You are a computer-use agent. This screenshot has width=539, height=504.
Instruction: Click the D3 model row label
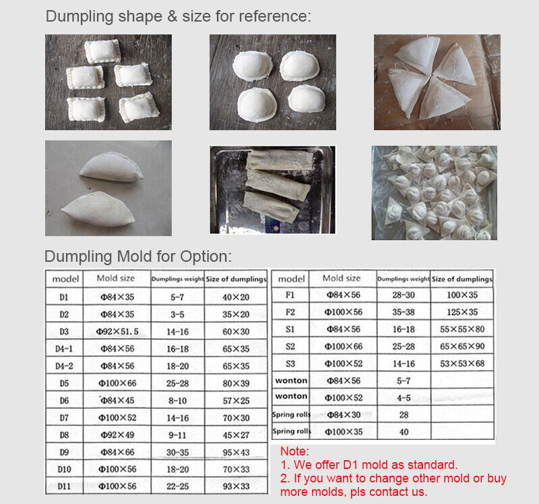tap(64, 331)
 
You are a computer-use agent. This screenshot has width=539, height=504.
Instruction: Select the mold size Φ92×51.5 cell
tap(117, 331)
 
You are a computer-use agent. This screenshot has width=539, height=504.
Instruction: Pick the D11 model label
tap(64, 486)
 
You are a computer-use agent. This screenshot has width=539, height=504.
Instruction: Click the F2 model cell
tap(290, 312)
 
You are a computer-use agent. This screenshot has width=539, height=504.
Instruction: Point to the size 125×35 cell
tap(462, 312)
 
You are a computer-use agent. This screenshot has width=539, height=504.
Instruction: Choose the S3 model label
tap(290, 364)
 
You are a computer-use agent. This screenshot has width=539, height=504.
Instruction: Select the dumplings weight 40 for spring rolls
tap(404, 432)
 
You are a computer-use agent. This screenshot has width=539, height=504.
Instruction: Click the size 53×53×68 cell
tap(462, 364)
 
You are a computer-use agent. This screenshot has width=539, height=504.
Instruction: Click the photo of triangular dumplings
tap(437, 82)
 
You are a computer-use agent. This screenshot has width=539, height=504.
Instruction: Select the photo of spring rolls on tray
tap(272, 190)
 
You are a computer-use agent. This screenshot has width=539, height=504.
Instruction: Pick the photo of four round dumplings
tap(272, 82)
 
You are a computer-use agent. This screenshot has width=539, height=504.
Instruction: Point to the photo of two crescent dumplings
tap(108, 188)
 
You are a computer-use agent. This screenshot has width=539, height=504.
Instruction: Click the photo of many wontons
tap(434, 192)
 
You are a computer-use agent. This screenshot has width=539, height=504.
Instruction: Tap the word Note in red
tap(294, 451)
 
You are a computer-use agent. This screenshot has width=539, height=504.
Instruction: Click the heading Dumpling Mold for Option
tap(138, 256)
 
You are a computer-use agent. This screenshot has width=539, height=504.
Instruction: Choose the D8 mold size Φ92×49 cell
tap(117, 435)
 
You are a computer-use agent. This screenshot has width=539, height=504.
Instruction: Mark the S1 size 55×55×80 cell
tap(462, 329)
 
